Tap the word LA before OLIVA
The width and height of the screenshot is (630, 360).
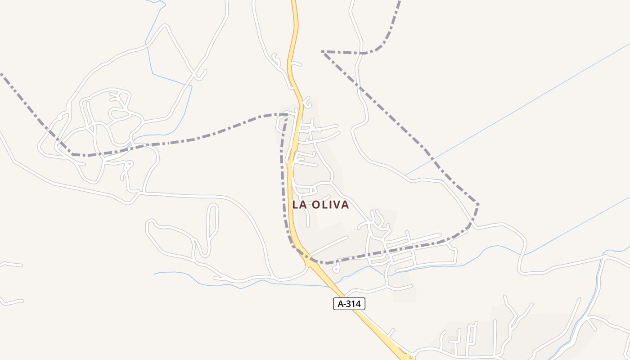(x=300, y=205)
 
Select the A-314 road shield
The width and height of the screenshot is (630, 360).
(x=349, y=304)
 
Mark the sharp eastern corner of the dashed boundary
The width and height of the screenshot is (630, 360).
(x=478, y=205)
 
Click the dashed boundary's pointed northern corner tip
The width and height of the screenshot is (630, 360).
(x=323, y=52)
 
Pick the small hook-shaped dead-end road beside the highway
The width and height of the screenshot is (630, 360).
(x=337, y=268)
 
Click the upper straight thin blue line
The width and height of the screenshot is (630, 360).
(x=517, y=108)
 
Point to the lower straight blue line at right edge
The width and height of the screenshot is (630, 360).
(x=625, y=198)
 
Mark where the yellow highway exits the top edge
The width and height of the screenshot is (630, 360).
(x=294, y=2)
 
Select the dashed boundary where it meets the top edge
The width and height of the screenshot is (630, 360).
(x=399, y=2)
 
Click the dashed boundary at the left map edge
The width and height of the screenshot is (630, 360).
(x=2, y=74)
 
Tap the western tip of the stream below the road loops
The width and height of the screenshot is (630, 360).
(x=155, y=273)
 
